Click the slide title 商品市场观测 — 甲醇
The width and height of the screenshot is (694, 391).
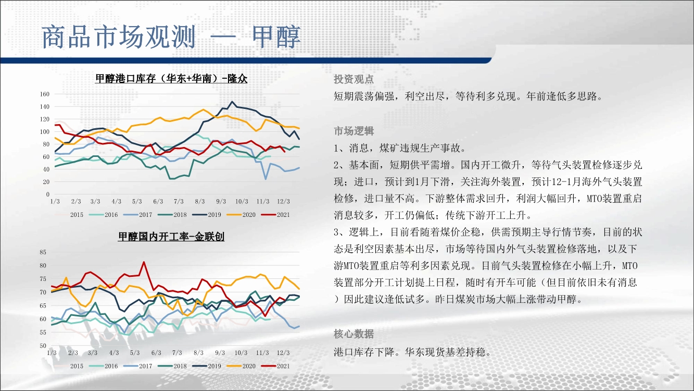[171, 37]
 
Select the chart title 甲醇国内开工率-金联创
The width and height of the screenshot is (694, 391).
[171, 237]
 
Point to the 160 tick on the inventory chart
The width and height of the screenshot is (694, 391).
[45, 94]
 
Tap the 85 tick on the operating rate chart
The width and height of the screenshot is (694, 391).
[43, 252]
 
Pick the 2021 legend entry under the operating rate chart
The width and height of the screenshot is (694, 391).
[275, 366]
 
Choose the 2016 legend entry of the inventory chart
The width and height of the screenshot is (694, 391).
[104, 214]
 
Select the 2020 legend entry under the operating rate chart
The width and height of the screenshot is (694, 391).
[241, 366]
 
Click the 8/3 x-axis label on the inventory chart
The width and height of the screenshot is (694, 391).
[200, 201]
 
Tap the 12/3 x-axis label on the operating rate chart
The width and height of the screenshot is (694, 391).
[283, 353]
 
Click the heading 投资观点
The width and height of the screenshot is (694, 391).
[354, 79]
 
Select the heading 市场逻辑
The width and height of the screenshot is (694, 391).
[354, 131]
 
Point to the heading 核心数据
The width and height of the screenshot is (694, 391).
[354, 334]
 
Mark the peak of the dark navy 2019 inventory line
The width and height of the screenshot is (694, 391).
[232, 102]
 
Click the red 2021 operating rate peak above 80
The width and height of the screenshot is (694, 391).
[144, 262]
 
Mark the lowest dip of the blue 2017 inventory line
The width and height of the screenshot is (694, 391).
[266, 179]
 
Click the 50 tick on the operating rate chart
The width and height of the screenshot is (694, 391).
[43, 345]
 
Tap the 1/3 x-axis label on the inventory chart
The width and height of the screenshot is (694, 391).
[55, 201]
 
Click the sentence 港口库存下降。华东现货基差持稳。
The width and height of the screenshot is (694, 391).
[412, 352]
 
